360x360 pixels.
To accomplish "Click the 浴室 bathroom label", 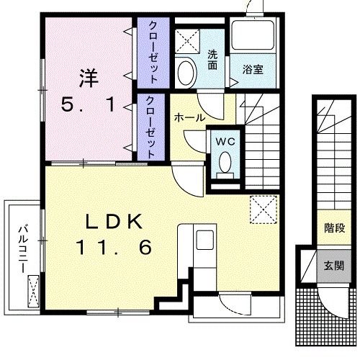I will [253, 69].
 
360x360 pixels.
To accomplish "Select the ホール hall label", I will [189, 117].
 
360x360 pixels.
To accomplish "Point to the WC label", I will [225, 141].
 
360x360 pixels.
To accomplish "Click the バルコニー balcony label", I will [22, 248].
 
